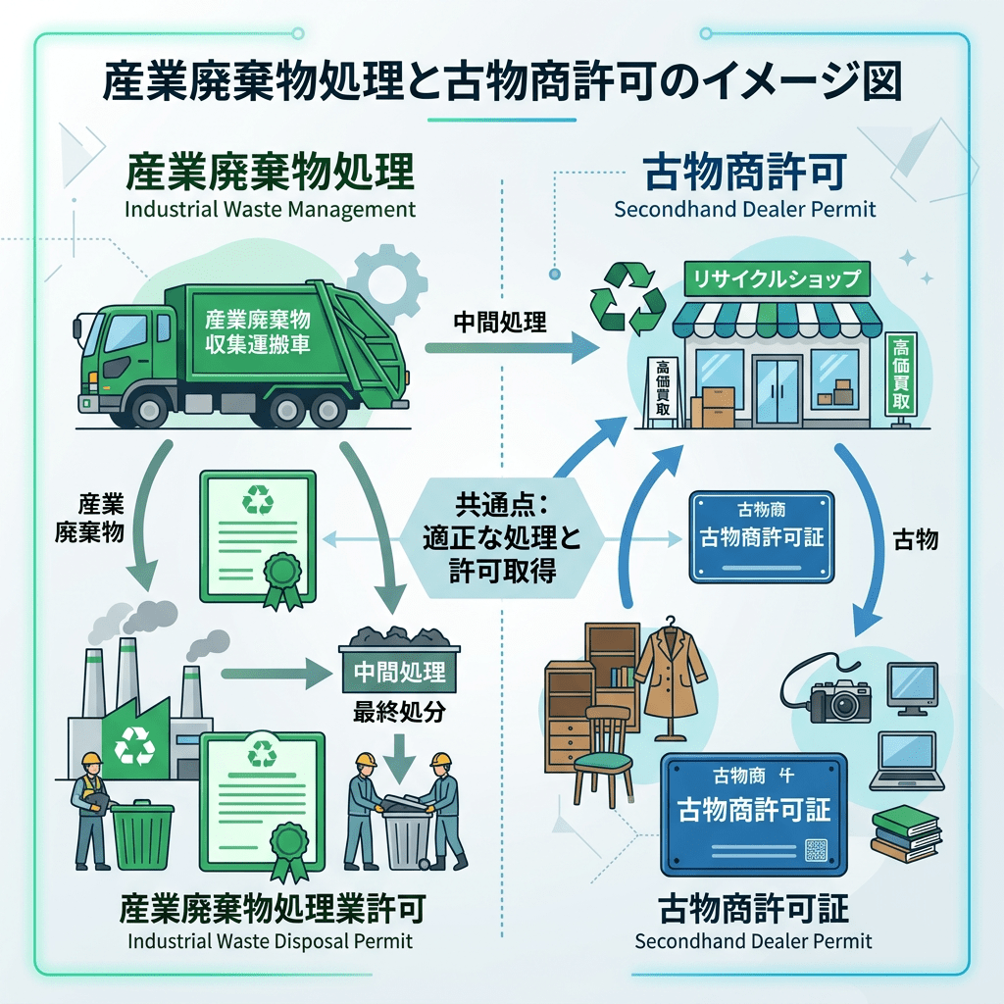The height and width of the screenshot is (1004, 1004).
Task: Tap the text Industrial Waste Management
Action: pos(270,210)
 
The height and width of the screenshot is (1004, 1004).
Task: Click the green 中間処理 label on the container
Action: pos(399,673)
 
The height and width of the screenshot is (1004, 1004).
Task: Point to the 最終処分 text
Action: pos(398,713)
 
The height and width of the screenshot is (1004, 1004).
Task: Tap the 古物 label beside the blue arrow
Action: pos(917,538)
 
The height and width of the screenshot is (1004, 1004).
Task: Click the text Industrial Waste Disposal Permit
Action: pos(270,941)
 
